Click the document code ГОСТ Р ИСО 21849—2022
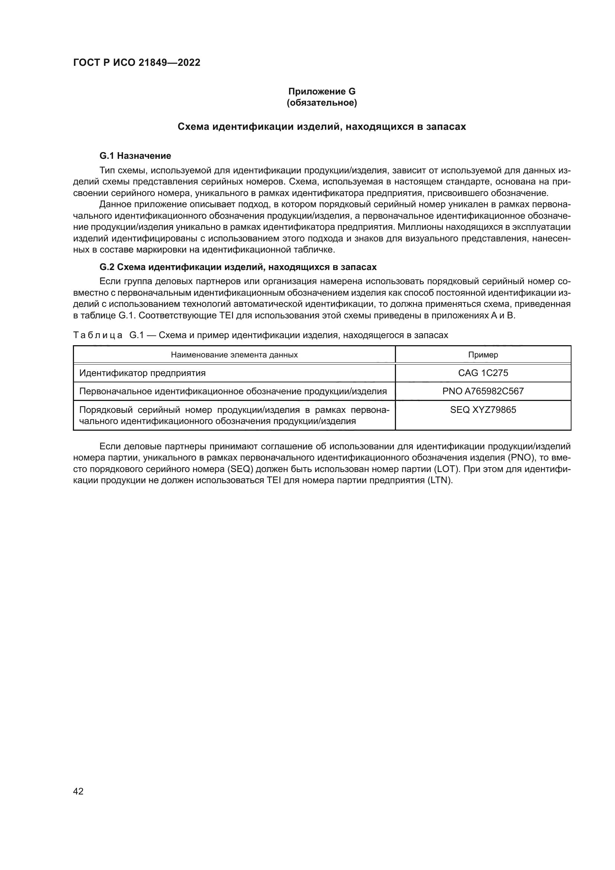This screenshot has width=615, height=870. (x=137, y=62)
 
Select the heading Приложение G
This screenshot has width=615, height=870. (x=322, y=92)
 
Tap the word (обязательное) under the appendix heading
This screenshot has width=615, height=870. (x=322, y=103)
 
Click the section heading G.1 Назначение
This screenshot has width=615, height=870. (x=135, y=156)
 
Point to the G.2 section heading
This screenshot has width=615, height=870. (x=238, y=267)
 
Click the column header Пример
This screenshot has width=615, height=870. (x=483, y=355)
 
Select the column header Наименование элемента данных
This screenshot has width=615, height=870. (x=234, y=355)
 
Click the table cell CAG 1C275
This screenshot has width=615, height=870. (x=483, y=373)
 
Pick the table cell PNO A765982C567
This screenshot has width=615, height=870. (x=483, y=391)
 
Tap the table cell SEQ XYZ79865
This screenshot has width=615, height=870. (x=483, y=410)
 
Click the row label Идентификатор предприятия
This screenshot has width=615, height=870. (x=142, y=373)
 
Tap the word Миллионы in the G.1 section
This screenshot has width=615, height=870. (x=414, y=227)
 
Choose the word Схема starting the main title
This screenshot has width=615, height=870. (x=193, y=126)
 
